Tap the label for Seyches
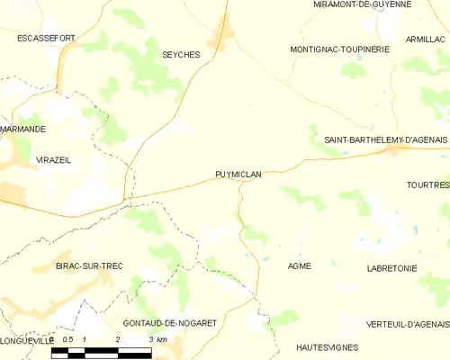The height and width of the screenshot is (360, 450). (x=180, y=55)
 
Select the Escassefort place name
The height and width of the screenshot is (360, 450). (x=45, y=39)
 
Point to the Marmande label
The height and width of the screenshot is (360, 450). (x=22, y=130)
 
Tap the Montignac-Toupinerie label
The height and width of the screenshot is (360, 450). (x=340, y=49)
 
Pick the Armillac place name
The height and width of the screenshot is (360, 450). (x=425, y=39)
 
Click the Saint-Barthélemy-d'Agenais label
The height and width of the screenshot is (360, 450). (x=386, y=139)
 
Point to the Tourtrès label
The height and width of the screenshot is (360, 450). (x=427, y=184)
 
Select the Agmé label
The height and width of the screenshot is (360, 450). (x=299, y=266)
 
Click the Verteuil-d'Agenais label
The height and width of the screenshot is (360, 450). (x=408, y=324)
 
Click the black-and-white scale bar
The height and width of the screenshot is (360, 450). (x=101, y=352)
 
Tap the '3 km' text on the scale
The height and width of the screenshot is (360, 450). (x=158, y=339)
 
